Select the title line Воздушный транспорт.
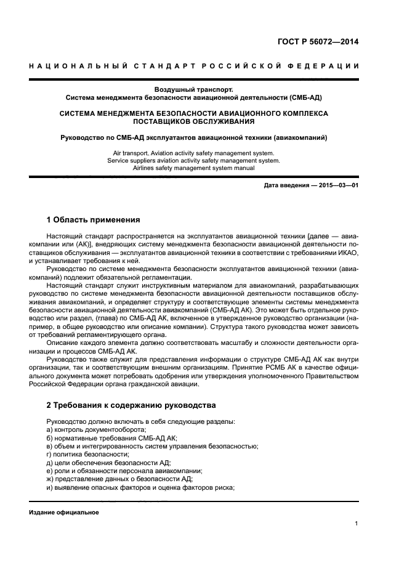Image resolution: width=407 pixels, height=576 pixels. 193,89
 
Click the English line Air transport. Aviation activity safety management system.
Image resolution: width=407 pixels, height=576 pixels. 193,152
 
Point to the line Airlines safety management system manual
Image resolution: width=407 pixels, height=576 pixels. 193,168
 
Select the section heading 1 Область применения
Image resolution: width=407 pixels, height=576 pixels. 93,219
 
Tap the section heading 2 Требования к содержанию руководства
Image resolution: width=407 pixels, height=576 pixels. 127,405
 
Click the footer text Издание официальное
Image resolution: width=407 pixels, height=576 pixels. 64,513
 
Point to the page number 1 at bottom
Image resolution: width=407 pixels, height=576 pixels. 357,524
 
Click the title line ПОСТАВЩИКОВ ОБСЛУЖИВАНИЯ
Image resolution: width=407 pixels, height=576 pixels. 193,121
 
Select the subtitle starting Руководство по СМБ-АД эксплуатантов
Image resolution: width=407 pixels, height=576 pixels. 193,137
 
